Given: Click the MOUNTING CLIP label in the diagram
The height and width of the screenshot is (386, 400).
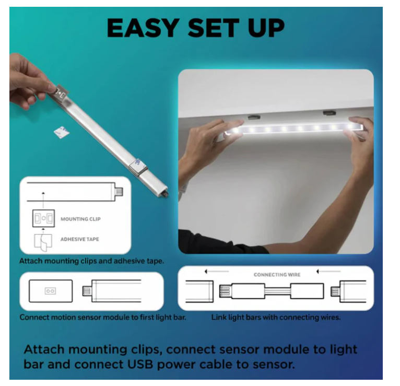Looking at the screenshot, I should click(80, 219).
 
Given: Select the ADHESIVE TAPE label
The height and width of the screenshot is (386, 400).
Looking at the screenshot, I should click(79, 239).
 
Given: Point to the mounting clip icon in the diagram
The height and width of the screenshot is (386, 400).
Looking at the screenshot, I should click(43, 219).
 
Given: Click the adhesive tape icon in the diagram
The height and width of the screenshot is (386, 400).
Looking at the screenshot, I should click(43, 240).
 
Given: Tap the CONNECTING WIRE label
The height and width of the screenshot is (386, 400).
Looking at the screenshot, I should click(277, 275).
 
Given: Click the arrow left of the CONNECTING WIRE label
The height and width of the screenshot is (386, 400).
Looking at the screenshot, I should click(217, 271).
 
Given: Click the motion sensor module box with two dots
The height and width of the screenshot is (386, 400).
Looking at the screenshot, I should click(50, 290).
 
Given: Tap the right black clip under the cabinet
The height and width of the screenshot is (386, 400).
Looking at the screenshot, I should click(330, 112).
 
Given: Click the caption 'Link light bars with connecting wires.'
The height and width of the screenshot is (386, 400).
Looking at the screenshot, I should click(276, 317).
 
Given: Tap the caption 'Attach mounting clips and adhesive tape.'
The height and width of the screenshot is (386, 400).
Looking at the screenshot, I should click(91, 261).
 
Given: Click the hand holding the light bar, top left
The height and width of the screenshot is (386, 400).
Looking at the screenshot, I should click(29, 81).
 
